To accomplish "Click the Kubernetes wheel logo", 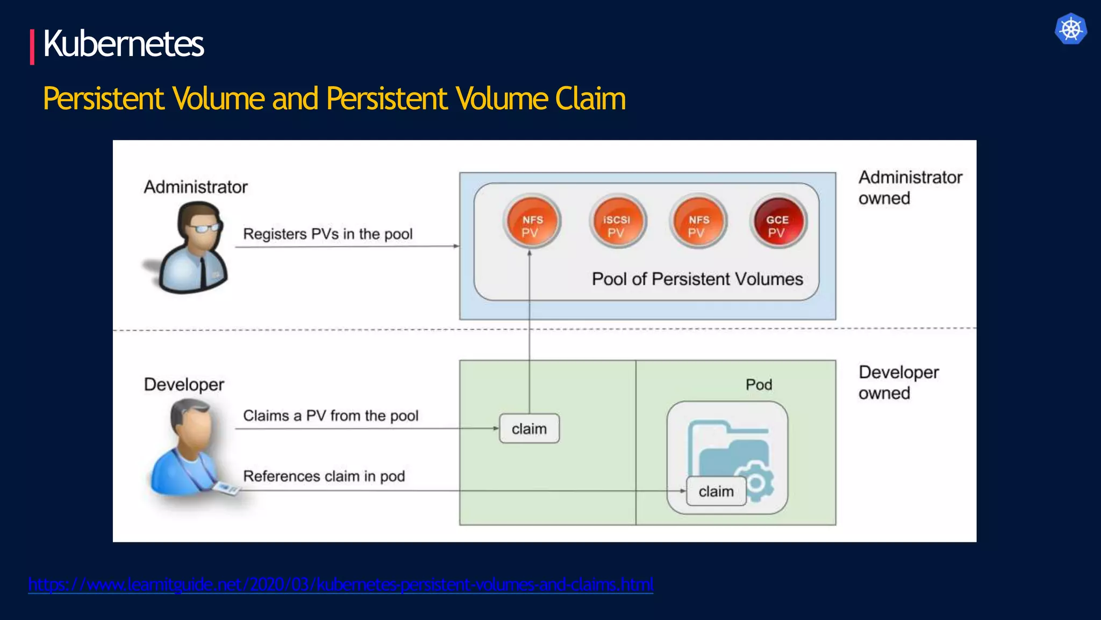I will (x=1070, y=29).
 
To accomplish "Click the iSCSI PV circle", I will (x=617, y=221).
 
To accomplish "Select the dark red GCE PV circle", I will (x=777, y=221).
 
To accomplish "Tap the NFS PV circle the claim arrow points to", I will (x=532, y=221).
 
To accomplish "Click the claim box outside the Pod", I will (x=529, y=429).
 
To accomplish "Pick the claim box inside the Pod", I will (x=716, y=491).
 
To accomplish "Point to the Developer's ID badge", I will (x=226, y=488).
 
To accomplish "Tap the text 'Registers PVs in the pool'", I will (x=327, y=234).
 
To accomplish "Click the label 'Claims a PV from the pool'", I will (x=330, y=415).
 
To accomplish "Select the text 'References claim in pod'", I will (x=324, y=476).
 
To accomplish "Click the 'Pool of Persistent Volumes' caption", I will (x=697, y=279).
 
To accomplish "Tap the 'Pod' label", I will (x=759, y=385).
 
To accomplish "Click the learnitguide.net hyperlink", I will (x=340, y=584).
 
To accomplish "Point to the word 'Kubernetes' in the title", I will (x=123, y=44).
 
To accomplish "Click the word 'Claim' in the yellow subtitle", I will (x=590, y=99).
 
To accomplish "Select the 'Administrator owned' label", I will (x=910, y=188).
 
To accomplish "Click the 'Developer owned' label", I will (x=898, y=383).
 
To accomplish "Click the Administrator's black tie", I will (x=203, y=272).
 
